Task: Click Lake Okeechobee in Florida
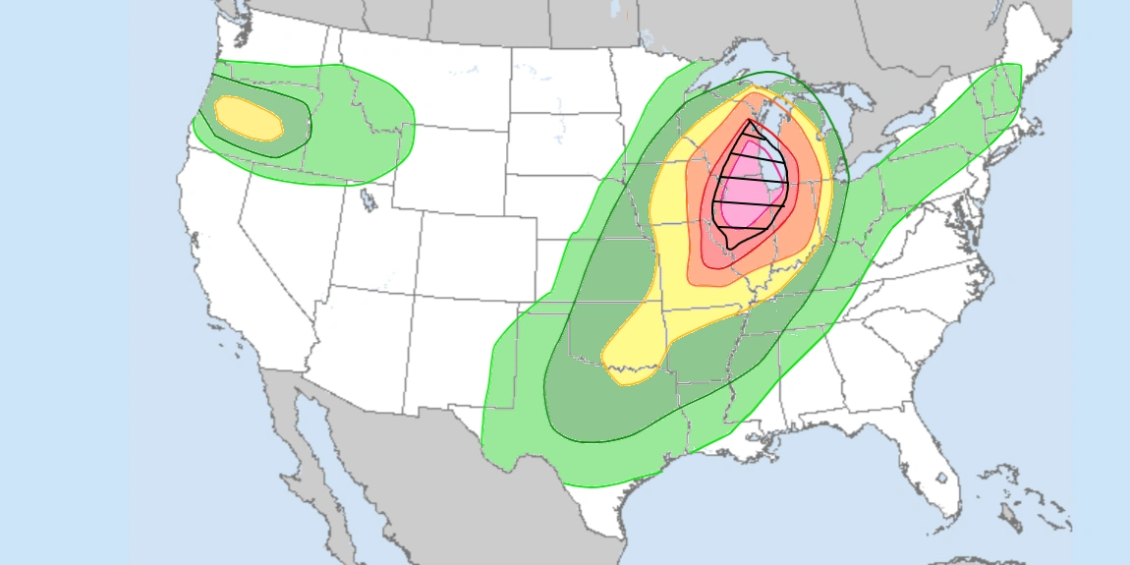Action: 941,479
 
